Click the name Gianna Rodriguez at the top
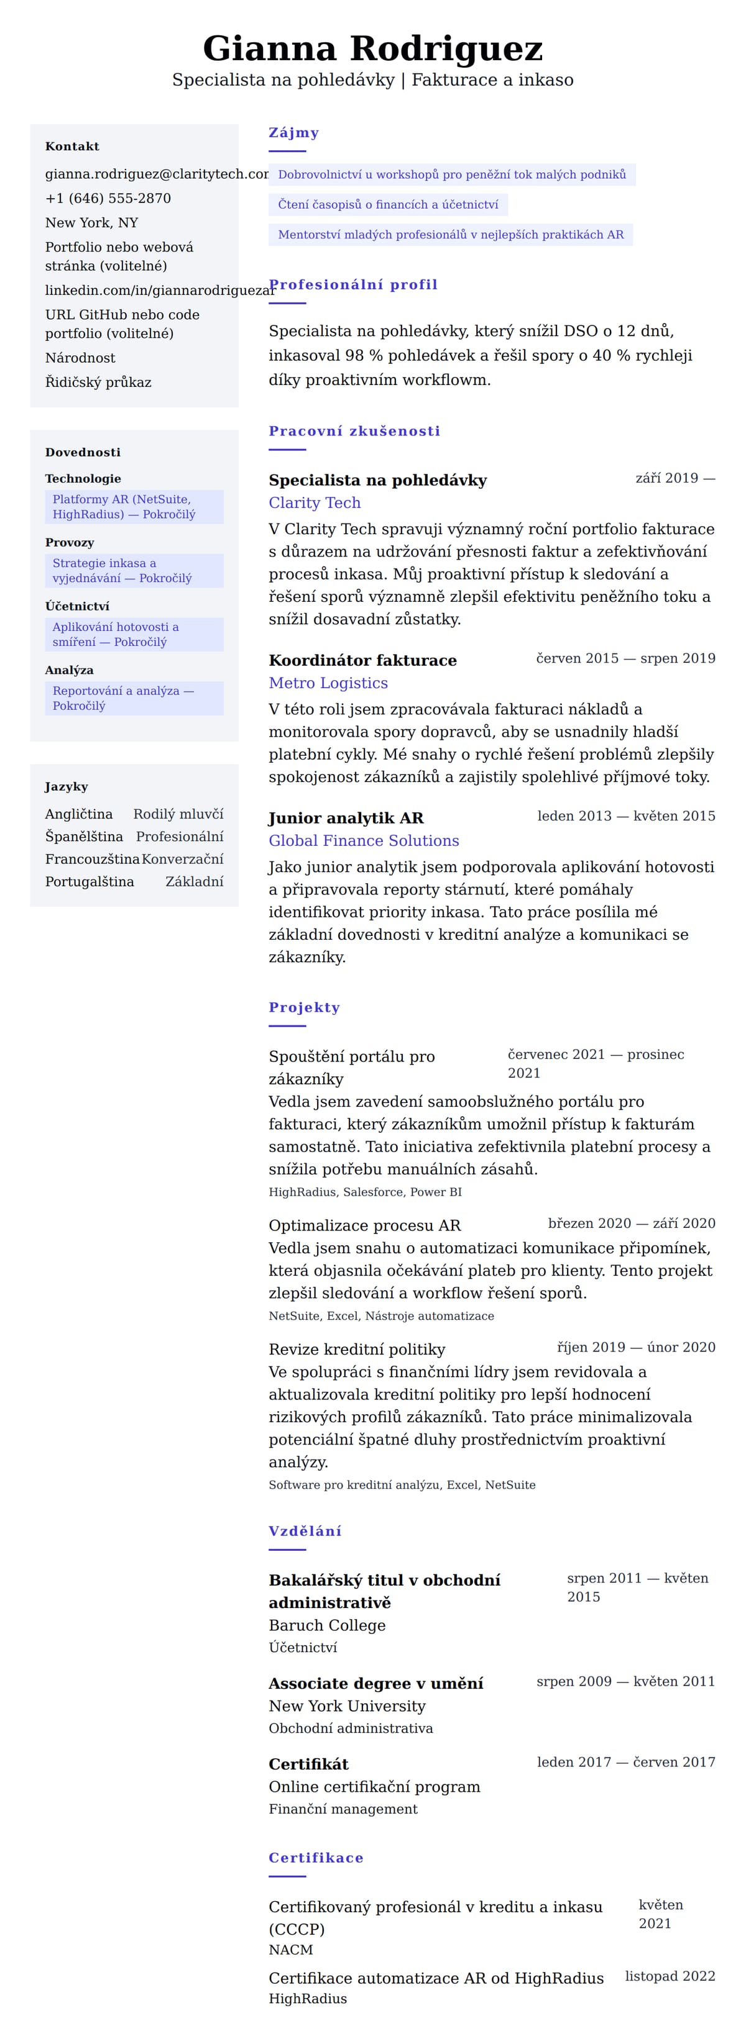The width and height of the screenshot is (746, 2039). [x=372, y=48]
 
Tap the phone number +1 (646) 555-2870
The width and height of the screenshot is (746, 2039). [x=108, y=199]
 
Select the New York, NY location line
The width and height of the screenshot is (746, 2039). [x=91, y=222]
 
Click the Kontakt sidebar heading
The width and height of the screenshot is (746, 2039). [x=72, y=147]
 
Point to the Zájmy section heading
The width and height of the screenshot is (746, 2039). [x=293, y=133]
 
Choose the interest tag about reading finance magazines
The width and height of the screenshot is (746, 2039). [x=388, y=205]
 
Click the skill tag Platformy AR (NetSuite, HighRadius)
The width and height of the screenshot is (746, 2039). [x=134, y=507]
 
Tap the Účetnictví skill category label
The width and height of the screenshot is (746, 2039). [x=77, y=606]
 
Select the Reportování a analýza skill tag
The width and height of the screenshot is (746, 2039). [x=134, y=698]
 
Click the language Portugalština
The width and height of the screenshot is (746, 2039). [x=90, y=882]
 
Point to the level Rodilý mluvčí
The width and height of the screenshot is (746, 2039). [x=178, y=814]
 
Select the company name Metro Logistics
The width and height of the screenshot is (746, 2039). [x=328, y=683]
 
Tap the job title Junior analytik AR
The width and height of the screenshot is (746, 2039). [x=346, y=818]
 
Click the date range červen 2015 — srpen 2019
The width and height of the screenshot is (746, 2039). [x=625, y=658]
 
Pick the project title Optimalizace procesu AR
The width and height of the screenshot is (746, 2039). [x=364, y=1225]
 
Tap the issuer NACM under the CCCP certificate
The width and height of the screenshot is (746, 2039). [x=291, y=1950]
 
